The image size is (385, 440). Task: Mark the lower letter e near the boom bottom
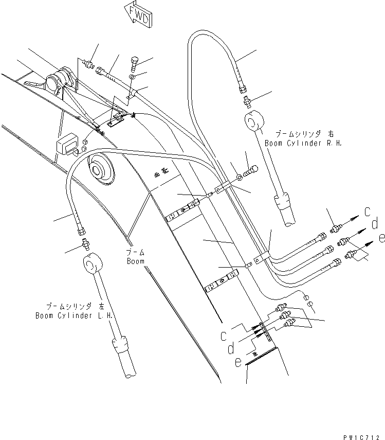[237, 362]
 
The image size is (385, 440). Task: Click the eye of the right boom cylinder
[253, 124]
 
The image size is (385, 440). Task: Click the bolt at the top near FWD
[135, 63]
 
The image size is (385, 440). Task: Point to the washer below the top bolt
[133, 77]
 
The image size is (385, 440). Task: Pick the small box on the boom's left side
[68, 146]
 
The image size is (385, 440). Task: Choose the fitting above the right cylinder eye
[248, 101]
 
